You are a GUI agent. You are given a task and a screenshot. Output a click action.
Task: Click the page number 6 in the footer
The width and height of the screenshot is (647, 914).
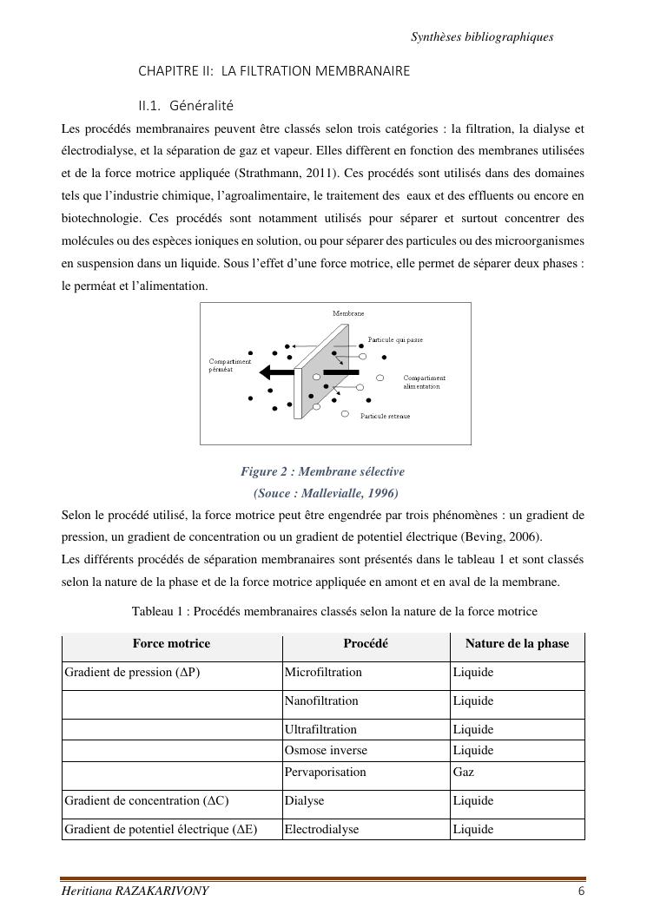pos(580,891)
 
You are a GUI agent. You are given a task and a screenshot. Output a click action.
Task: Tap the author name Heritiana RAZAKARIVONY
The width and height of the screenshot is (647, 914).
pos(135,891)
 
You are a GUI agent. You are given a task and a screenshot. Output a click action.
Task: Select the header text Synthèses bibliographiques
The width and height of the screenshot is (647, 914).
pos(482,36)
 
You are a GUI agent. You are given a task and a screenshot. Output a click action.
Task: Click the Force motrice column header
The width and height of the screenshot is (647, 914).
pos(171,643)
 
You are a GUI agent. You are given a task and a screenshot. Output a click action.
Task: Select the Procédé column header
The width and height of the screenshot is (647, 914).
pos(366,643)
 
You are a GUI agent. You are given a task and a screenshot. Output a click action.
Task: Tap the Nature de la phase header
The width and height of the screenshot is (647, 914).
pos(517,643)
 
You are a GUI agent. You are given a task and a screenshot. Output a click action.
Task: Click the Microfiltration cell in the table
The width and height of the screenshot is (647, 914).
pos(323,672)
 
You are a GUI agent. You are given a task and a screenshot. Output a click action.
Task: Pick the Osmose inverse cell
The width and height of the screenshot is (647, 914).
pos(326,750)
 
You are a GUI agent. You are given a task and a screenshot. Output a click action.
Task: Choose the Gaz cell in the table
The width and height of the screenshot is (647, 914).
pos(463,772)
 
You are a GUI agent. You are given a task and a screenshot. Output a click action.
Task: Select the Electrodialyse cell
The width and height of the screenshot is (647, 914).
pos(321,829)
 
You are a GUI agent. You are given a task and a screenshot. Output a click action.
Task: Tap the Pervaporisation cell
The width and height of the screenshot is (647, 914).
pos(326,772)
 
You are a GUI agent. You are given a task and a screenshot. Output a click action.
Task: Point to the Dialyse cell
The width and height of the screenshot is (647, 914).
pos(304,800)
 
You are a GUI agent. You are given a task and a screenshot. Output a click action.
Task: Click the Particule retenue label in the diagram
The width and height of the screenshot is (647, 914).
pos(385,417)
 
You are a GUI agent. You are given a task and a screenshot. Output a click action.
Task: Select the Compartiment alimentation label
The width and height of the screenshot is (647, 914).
pos(425,382)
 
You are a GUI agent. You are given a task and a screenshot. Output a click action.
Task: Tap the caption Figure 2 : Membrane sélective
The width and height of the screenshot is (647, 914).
pos(322,471)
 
